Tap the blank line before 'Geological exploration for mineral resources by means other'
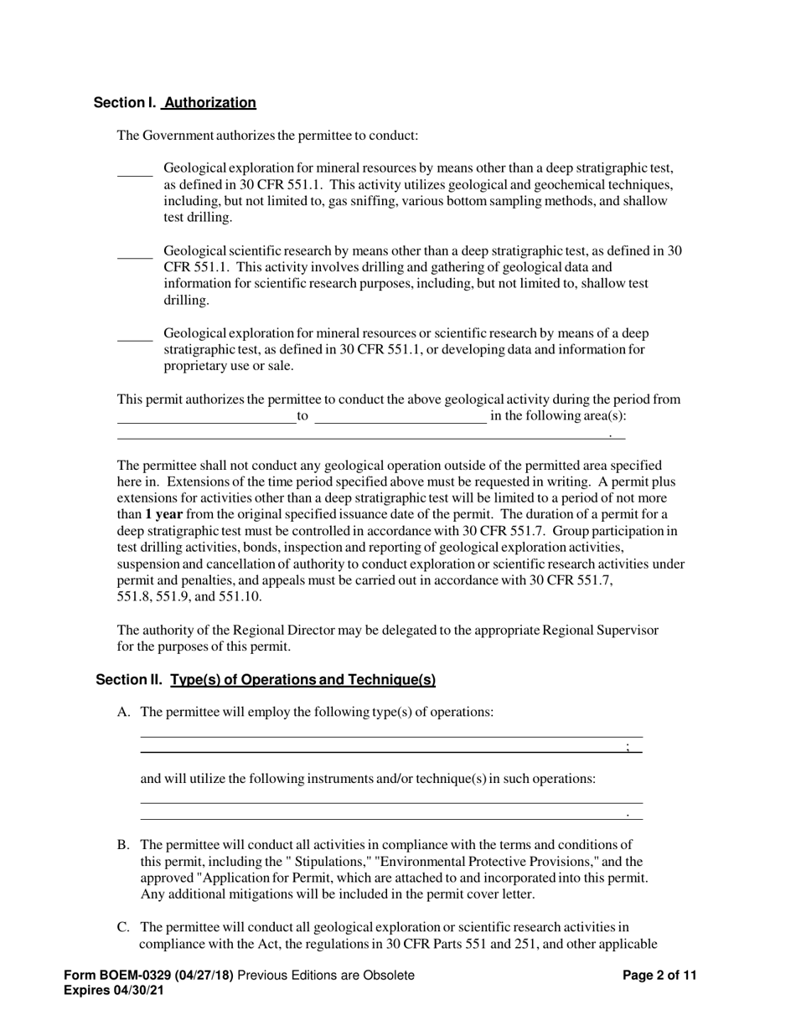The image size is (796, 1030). pos(134,174)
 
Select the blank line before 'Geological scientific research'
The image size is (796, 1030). pos(134,257)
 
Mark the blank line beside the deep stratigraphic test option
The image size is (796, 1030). pos(134,339)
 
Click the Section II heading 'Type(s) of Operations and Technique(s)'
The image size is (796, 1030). pos(302,680)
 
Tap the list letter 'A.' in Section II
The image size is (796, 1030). pos(124,713)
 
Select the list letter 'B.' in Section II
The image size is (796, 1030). pos(124,845)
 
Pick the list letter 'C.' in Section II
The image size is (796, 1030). pos(124,927)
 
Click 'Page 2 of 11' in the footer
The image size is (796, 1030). pos(659,975)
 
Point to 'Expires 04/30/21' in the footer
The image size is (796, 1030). pos(114,990)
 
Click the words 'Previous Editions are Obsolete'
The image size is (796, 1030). pos(326,975)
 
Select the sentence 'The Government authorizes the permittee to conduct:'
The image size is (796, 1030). pos(267,136)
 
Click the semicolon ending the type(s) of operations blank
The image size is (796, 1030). pos(628,747)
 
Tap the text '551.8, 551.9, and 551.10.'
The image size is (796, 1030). pos(189,597)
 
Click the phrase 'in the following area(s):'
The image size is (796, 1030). pos(558,416)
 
